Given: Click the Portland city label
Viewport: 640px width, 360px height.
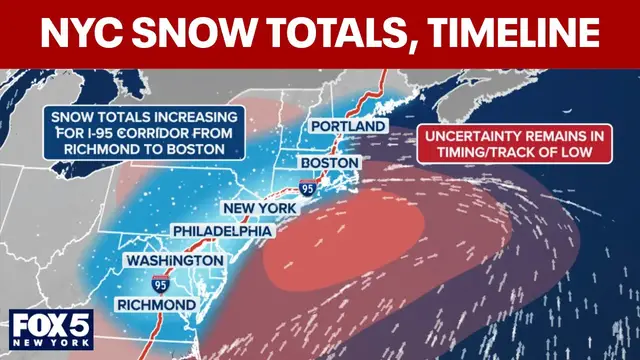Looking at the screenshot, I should [347, 127].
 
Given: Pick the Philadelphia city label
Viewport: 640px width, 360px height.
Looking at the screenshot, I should [221, 231].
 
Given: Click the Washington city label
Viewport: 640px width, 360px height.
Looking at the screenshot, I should [174, 260].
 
